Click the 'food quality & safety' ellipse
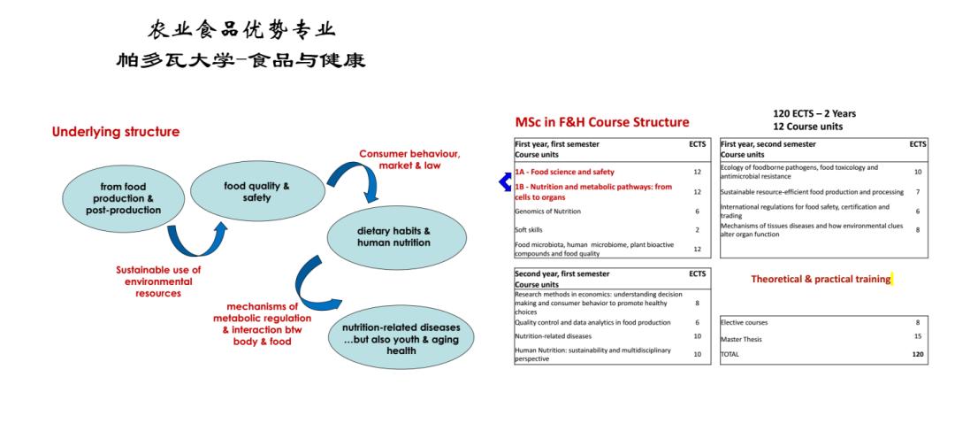click(x=257, y=191)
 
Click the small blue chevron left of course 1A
click(x=504, y=181)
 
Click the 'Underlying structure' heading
click(x=116, y=132)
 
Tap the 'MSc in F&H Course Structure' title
click(x=602, y=122)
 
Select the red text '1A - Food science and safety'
click(x=564, y=172)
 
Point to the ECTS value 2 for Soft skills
click(x=698, y=230)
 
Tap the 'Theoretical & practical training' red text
click(x=821, y=279)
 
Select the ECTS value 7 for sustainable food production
click(x=917, y=192)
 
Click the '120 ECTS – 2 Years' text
click(x=814, y=114)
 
